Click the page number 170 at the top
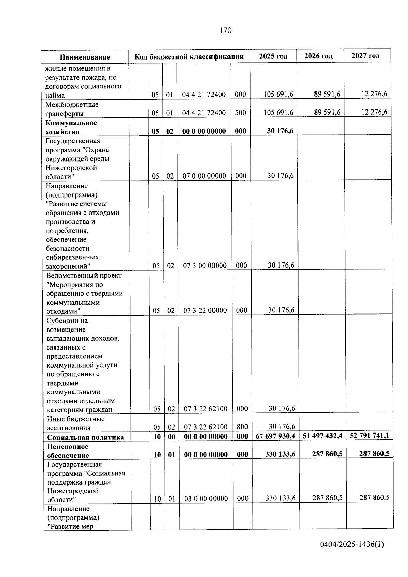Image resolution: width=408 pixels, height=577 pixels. (225, 31)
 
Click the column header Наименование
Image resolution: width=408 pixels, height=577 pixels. (85, 57)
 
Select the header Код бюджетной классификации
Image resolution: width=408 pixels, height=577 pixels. (189, 56)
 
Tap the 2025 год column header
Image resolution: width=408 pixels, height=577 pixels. (273, 56)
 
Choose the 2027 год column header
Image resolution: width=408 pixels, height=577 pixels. (365, 56)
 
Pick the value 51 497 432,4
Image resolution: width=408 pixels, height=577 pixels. (322, 436)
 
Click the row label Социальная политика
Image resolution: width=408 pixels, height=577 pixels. (86, 437)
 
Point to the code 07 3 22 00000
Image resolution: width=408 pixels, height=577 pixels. (205, 310)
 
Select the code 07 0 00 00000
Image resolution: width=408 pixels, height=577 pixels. (204, 176)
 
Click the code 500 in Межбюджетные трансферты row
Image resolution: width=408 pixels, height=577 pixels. (240, 113)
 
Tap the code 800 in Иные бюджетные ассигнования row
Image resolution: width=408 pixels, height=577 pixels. (242, 427)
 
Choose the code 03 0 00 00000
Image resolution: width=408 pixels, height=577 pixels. (206, 499)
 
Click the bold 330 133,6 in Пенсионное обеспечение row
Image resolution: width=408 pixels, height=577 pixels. (280, 454)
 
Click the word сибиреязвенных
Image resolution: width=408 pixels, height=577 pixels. (72, 257)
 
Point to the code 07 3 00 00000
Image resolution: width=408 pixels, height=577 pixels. (205, 266)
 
